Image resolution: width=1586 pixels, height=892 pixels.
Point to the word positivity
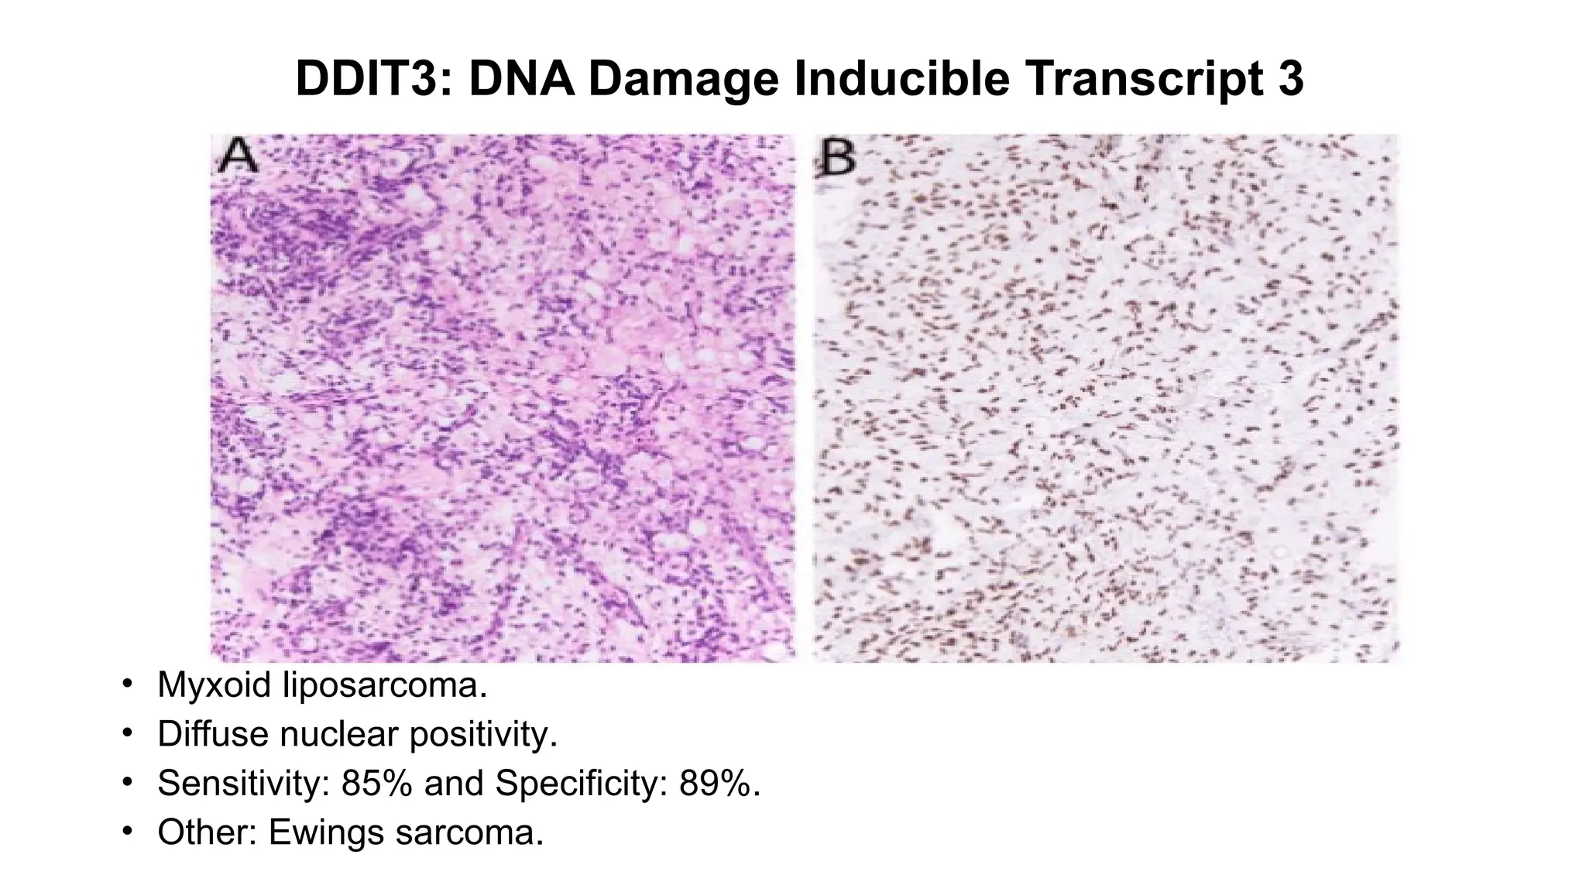pyautogui.click(x=483, y=734)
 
